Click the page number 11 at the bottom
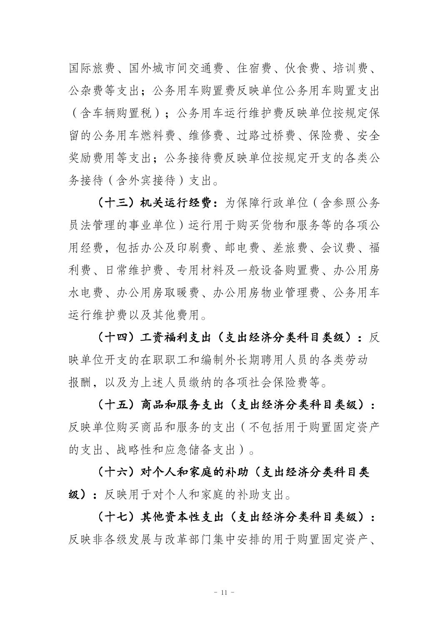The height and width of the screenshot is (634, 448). (224, 592)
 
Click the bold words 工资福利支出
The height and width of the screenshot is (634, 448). (171, 338)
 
